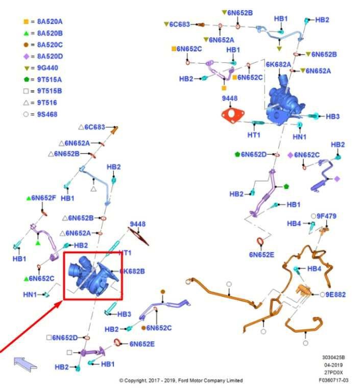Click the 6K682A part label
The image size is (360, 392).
tap(278, 64)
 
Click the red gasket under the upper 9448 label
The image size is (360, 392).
tap(232, 114)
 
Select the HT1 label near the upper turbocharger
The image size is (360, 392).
tap(254, 135)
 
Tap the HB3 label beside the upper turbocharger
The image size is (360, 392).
tap(332, 116)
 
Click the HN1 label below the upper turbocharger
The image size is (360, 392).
tap(300, 137)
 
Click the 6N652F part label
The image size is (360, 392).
tap(43, 198)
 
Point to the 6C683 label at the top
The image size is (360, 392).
tap(180, 24)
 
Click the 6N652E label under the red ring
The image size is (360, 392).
tap(261, 254)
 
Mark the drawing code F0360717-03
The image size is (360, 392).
tap(333, 380)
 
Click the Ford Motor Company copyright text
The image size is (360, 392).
tap(181, 380)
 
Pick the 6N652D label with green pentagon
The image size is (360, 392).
tap(260, 154)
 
